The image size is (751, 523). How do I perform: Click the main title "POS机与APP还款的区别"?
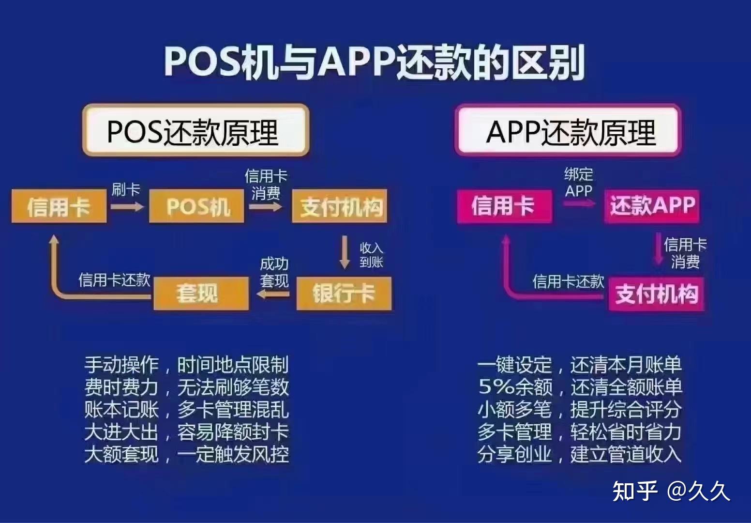(x=375, y=63)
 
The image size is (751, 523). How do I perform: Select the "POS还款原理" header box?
(x=195, y=130)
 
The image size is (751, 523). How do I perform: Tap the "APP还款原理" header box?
(x=568, y=130)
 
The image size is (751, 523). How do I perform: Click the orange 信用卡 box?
(x=59, y=206)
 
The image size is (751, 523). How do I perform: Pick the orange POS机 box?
(x=196, y=206)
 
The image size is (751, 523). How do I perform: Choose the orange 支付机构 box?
(x=340, y=206)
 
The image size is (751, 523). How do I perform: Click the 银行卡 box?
(x=344, y=293)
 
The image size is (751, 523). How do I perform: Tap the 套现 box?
(x=201, y=293)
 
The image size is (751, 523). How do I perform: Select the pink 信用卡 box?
(x=505, y=206)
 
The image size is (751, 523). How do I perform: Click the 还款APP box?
(x=652, y=206)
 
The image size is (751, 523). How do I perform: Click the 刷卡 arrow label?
(x=126, y=190)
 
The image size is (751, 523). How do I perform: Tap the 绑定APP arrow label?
(x=579, y=183)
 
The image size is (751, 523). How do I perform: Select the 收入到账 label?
(x=372, y=255)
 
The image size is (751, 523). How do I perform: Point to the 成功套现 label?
(x=274, y=273)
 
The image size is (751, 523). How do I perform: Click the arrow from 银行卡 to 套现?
(x=273, y=294)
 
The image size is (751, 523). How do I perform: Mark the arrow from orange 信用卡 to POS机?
(x=127, y=207)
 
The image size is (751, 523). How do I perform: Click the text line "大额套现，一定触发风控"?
(x=187, y=454)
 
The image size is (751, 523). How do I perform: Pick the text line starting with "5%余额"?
(x=580, y=387)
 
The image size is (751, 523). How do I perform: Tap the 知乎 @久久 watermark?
(x=671, y=492)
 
